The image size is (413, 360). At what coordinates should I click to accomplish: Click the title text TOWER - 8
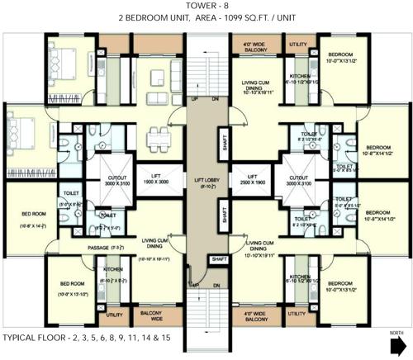coord(206,6)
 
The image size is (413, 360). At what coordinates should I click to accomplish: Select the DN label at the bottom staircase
coord(216,286)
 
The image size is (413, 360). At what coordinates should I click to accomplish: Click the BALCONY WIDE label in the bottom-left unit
coord(151,315)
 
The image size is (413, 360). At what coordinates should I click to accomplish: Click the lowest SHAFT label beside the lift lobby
coord(219,258)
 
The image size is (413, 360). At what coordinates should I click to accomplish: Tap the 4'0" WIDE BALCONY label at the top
coord(254,46)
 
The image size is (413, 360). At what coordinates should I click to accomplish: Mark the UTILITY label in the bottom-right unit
coord(297,315)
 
